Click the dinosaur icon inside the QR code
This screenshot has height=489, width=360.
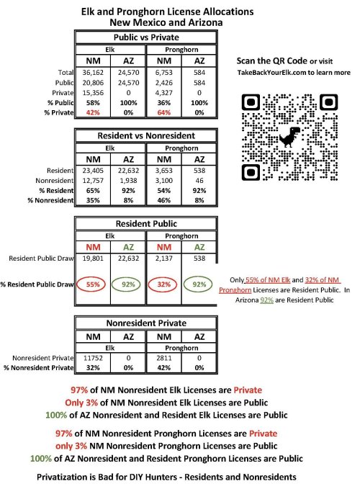point(289,137)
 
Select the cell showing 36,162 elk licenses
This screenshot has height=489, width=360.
point(93,73)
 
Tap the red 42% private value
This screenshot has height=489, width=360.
point(93,112)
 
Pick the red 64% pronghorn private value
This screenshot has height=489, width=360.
point(164,112)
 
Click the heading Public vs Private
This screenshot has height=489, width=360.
point(146,37)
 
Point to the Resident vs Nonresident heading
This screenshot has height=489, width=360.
point(146,135)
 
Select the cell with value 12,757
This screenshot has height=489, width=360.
point(93,181)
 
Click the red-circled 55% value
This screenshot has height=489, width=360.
point(93,284)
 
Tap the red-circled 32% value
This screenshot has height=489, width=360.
point(164,284)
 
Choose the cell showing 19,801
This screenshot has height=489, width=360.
point(93,259)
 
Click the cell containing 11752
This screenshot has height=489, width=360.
point(93,358)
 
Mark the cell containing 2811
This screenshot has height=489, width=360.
point(164,358)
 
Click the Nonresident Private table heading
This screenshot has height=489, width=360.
point(146,323)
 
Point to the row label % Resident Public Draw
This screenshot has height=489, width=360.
point(37,284)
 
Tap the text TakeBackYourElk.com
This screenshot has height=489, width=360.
point(271,73)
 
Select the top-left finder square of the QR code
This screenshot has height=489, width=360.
point(251,102)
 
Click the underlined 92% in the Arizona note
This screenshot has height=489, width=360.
point(266,300)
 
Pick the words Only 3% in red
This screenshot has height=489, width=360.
point(81,403)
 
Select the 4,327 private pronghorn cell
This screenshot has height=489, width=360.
point(164,93)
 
